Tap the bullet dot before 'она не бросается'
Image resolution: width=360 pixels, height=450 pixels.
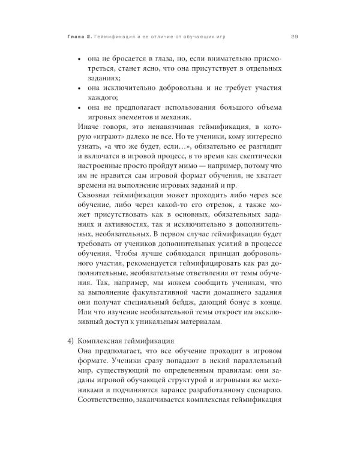[81, 61]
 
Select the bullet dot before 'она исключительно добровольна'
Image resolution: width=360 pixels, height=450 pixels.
[81, 89]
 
